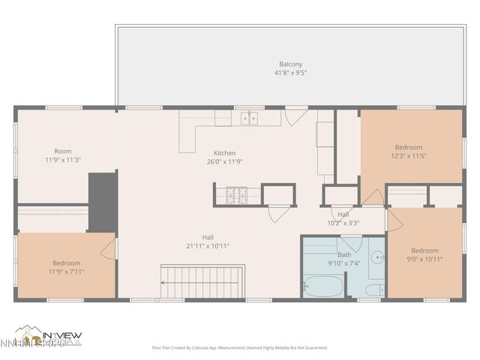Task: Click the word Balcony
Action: coord(291,64)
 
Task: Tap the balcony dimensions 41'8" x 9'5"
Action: coord(291,73)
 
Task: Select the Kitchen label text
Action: coord(224,153)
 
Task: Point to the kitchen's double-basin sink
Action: coord(248,118)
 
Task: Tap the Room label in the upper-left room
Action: coord(63,151)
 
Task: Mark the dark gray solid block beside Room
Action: coord(103,201)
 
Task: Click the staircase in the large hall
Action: coord(203,282)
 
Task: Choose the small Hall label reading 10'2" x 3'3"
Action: coord(343,223)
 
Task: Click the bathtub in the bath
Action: coord(322,286)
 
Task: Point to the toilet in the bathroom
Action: coord(375,289)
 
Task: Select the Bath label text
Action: coord(344,254)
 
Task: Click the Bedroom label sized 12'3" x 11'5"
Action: coord(409,147)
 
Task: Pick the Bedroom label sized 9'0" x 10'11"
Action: coord(424,250)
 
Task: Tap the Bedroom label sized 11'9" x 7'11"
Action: coord(66,263)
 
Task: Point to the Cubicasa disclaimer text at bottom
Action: coord(239,347)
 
